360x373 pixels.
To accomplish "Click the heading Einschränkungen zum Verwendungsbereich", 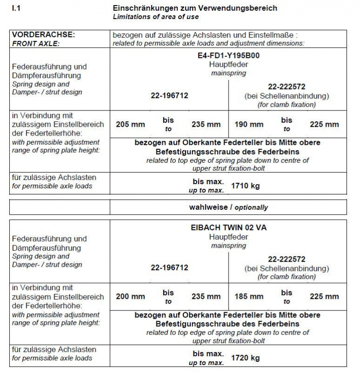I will tap(195, 8).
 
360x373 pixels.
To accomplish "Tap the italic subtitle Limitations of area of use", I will tap(156, 17).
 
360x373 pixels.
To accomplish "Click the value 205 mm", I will tap(130, 124).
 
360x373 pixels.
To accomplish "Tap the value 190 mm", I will tap(249, 124).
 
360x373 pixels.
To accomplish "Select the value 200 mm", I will tap(130, 297).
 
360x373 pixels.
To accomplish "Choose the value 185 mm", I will tap(249, 297).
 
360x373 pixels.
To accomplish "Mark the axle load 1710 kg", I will tap(245, 186).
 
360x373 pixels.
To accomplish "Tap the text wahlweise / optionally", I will tap(228, 207).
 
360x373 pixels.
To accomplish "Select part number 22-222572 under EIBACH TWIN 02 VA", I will tap(287, 259).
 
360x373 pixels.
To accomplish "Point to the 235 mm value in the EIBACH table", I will tap(206, 297).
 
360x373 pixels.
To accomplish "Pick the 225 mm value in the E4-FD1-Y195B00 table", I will tap(324, 124).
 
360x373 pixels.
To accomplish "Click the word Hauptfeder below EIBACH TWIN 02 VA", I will tap(228, 237).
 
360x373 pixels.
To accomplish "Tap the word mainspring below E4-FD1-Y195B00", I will tap(228, 73).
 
